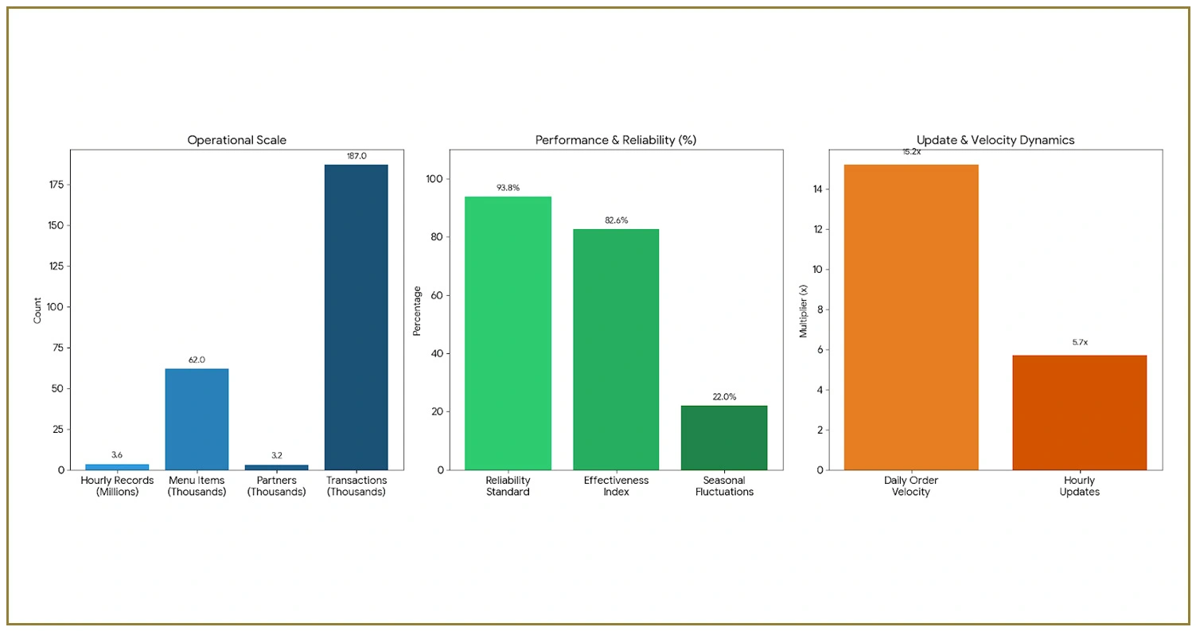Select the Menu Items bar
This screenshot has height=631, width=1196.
pyautogui.click(x=197, y=419)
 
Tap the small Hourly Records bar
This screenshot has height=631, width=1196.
pyautogui.click(x=117, y=466)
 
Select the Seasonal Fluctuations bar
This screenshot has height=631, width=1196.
pyautogui.click(x=724, y=438)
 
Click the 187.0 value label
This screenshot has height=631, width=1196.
pyautogui.click(x=356, y=156)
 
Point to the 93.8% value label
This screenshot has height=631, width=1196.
pyautogui.click(x=508, y=188)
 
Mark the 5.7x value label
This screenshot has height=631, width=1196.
pyautogui.click(x=1079, y=342)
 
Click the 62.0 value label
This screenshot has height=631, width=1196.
pyautogui.click(x=197, y=360)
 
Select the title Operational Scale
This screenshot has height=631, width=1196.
pyautogui.click(x=236, y=140)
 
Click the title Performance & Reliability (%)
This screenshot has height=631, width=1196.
pyautogui.click(x=615, y=140)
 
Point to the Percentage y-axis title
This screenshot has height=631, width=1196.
pyautogui.click(x=417, y=310)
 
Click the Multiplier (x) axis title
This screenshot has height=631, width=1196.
pyautogui.click(x=803, y=310)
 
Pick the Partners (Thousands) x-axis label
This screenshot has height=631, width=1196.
pyautogui.click(x=276, y=486)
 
